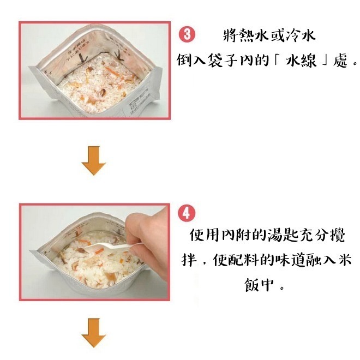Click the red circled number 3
tap(186, 35)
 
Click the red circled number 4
tap(186, 212)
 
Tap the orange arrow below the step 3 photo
tap(93, 160)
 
